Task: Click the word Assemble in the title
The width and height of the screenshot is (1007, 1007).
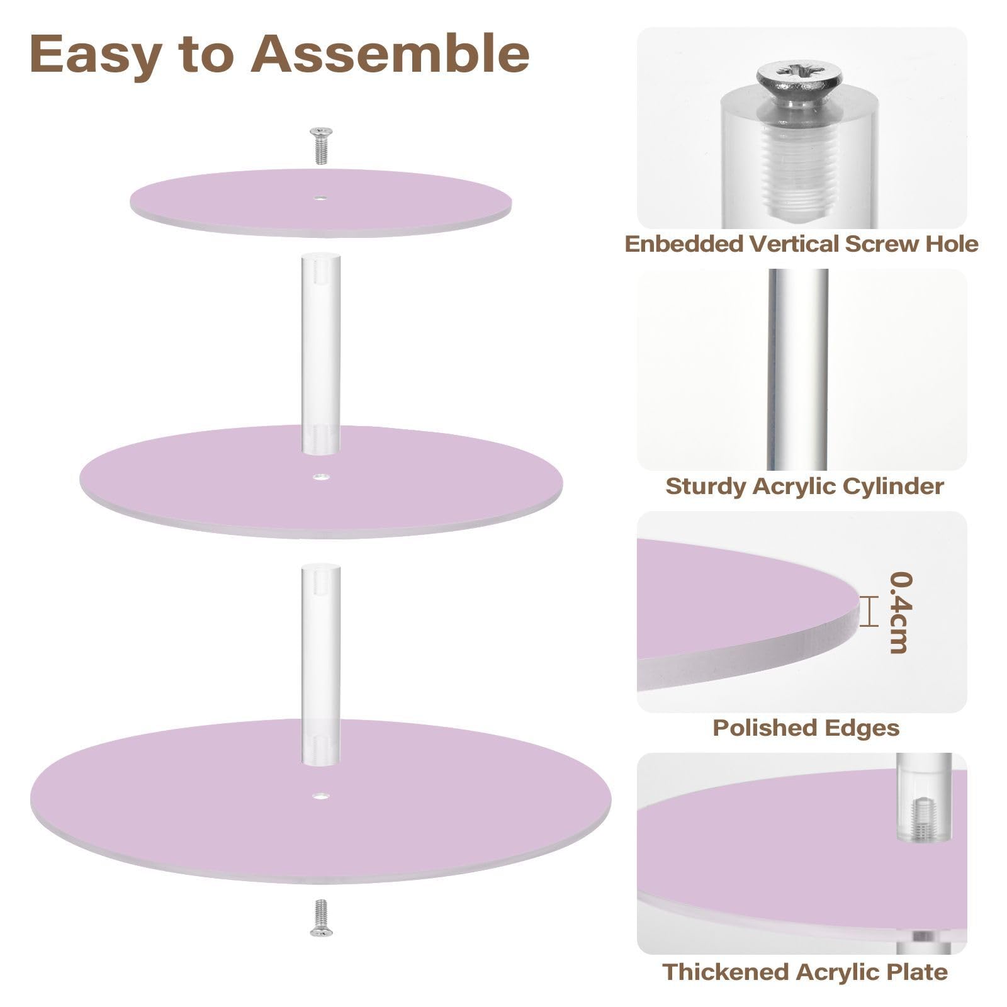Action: pos(390,54)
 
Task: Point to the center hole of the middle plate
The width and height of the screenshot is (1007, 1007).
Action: pos(321,477)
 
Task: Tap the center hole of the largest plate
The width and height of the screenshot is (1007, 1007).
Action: pos(322,796)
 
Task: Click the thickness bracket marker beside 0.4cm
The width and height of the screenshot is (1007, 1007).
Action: pos(869,612)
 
